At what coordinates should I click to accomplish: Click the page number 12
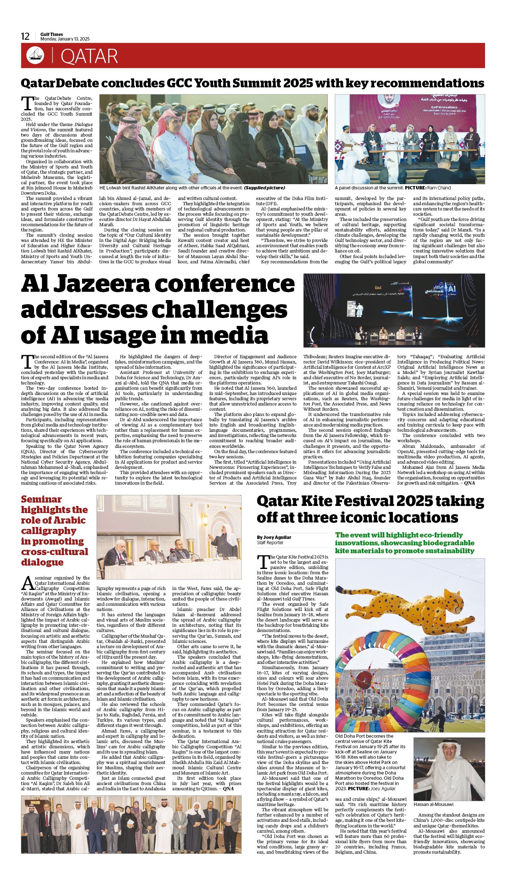(25, 36)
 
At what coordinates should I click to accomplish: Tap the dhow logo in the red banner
(35, 56)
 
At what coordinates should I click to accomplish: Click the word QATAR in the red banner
(89, 56)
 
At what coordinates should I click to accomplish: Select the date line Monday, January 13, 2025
(65, 39)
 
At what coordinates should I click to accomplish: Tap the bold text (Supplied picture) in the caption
(264, 188)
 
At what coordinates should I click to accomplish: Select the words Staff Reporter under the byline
(270, 543)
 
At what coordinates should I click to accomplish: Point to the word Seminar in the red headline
(41, 500)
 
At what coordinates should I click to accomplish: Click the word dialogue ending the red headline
(42, 562)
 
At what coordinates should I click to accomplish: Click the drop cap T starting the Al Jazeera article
(27, 361)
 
